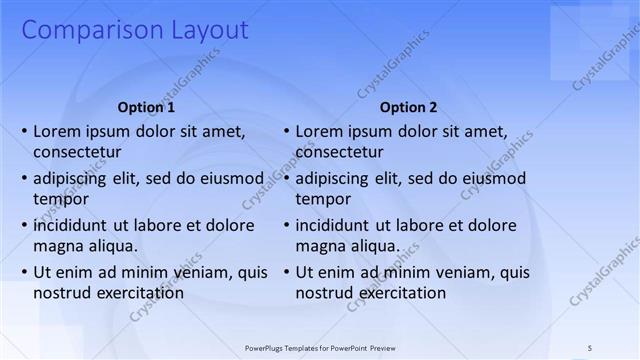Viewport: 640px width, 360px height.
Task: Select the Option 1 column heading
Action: [x=146, y=107]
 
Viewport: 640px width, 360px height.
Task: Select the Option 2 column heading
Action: [x=409, y=107]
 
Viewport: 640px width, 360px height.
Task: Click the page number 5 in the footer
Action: [x=590, y=347]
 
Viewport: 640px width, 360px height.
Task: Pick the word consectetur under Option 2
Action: [x=339, y=152]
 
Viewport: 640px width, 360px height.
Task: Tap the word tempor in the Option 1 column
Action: [x=60, y=199]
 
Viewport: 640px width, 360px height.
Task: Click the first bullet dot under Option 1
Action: [x=24, y=131]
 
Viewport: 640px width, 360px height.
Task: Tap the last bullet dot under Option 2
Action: [x=286, y=271]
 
